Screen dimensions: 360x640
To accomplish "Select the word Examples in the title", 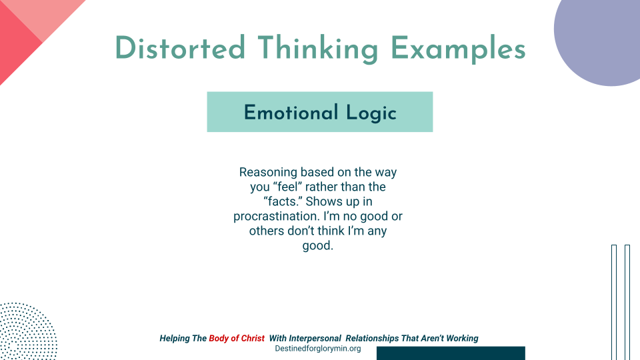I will tap(457, 49).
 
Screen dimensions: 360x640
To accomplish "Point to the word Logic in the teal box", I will tap(371, 112).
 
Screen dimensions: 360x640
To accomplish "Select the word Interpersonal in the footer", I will tap(314, 338).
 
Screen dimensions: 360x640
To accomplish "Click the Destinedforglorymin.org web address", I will tap(318, 349).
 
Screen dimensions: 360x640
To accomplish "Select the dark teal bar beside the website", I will tap(451, 353).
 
